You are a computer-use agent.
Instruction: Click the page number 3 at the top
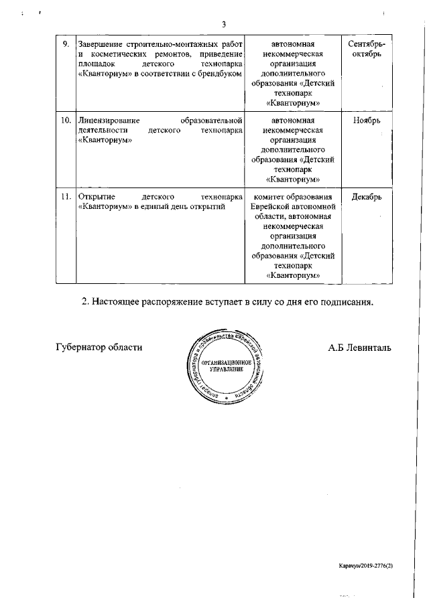225,25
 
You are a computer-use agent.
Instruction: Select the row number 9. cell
66,44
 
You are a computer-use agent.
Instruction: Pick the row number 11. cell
66,197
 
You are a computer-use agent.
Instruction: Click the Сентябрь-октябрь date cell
367,48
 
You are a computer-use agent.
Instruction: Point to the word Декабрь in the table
367,197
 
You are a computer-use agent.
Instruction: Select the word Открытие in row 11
98,197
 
